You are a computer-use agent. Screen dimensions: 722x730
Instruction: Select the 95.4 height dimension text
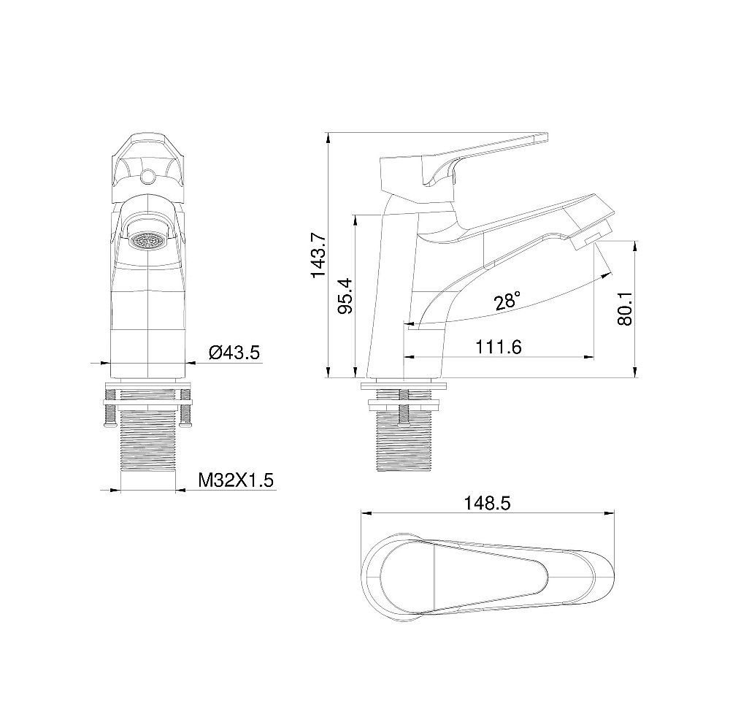[x=347, y=296]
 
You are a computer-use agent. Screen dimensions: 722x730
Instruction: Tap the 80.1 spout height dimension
[x=624, y=309]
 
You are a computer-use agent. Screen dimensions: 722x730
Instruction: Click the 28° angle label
[x=507, y=300]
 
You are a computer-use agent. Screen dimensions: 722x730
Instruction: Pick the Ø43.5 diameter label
[x=234, y=353]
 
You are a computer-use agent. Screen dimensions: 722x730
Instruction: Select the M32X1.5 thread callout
[x=235, y=480]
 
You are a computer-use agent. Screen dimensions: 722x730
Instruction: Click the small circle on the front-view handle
[x=148, y=176]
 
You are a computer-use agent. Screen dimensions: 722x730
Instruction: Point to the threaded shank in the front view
[x=148, y=445]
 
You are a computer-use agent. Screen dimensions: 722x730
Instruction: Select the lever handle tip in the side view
[x=541, y=136]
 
